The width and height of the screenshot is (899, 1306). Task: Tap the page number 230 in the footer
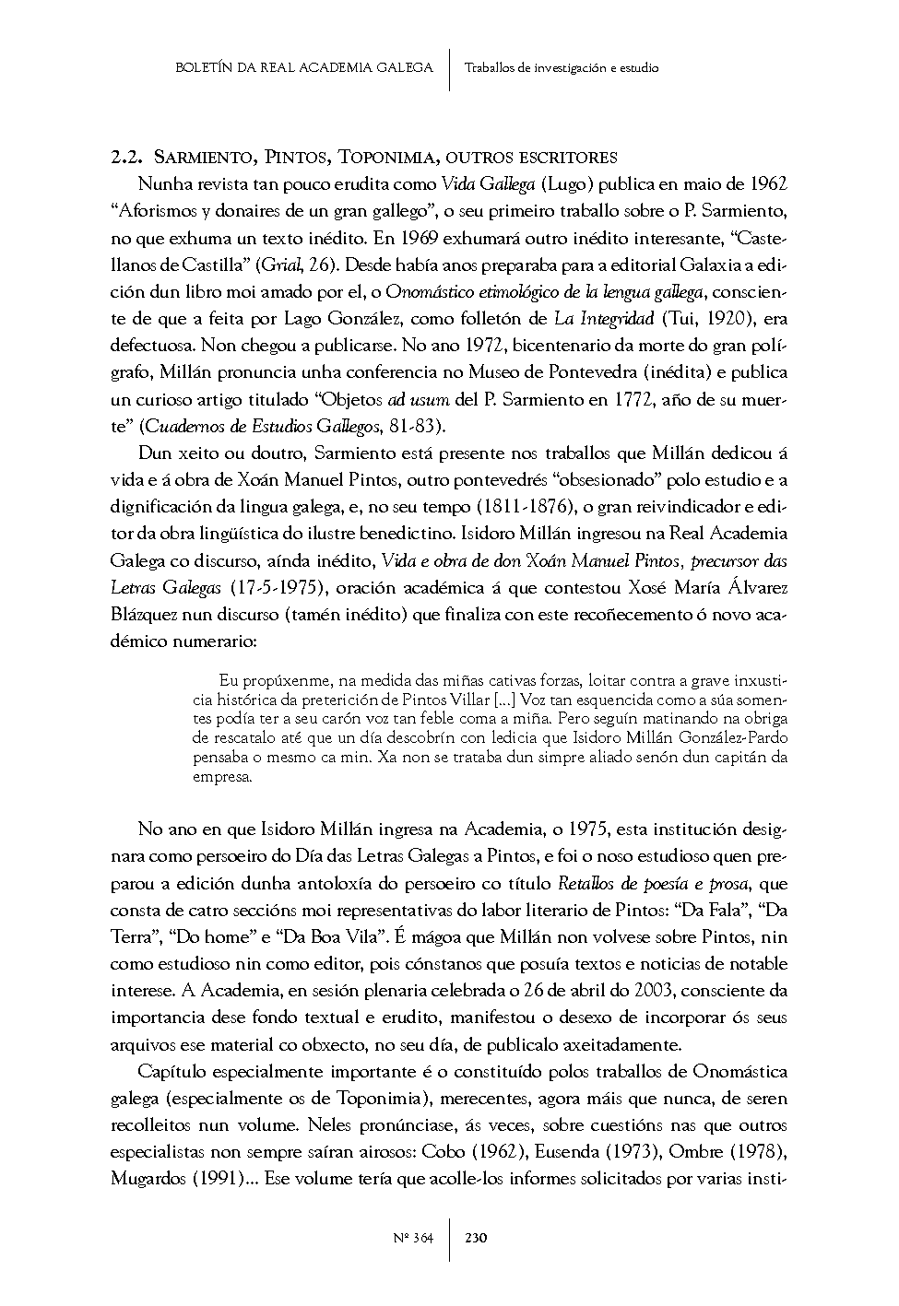tap(477, 1238)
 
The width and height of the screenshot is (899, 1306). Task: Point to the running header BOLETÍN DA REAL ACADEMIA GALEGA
tap(303, 67)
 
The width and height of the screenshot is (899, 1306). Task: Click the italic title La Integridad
tap(605, 319)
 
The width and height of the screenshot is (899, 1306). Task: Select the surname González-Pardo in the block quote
tap(731, 737)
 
